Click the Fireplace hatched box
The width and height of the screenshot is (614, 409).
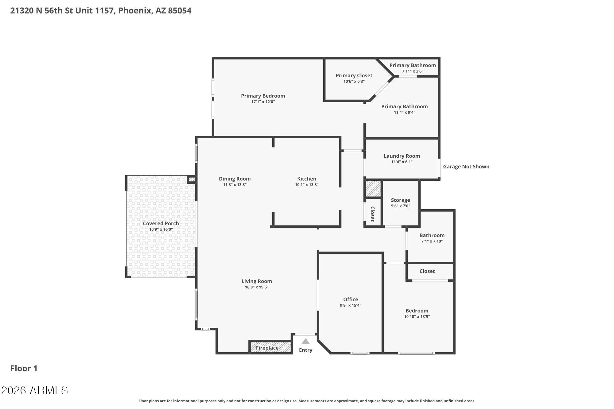(270, 347)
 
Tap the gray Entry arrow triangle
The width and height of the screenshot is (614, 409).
(305, 341)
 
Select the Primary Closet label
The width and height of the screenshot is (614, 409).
(354, 75)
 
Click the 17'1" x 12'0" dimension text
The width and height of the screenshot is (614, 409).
(263, 102)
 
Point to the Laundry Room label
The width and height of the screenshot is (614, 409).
(402, 156)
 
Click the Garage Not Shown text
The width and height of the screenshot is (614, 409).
(466, 167)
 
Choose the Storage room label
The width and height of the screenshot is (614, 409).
(400, 200)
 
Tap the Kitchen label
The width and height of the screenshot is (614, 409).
(306, 179)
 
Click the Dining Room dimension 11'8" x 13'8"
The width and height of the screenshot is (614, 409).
(235, 185)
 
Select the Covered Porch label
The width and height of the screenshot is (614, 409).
(161, 223)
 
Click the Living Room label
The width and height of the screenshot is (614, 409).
(257, 281)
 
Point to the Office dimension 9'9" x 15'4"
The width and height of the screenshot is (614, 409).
(350, 305)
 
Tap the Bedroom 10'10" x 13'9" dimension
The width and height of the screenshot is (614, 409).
(417, 317)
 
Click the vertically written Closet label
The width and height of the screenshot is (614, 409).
(372, 214)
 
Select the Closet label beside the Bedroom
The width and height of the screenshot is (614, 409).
(427, 271)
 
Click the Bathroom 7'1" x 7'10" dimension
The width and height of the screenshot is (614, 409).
(432, 241)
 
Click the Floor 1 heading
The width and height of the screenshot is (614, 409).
(24, 368)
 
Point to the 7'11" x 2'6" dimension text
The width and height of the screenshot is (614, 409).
(413, 71)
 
